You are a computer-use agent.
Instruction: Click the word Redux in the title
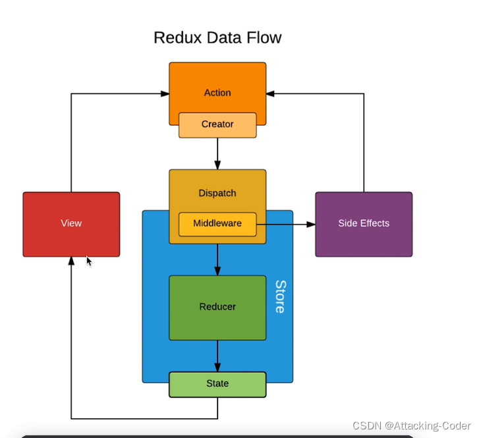(178, 38)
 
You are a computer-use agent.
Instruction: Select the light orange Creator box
(217, 125)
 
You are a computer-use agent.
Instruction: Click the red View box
(71, 224)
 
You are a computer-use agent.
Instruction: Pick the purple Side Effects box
(364, 224)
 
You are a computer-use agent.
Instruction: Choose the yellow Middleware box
(217, 224)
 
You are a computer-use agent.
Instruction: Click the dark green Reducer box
(217, 308)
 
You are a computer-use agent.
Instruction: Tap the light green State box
(217, 385)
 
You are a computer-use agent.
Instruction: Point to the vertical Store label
(281, 296)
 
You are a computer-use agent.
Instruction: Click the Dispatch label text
(217, 193)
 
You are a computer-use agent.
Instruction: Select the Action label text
(217, 93)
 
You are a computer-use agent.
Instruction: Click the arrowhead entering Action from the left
(165, 94)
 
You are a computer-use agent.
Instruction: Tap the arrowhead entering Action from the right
(270, 94)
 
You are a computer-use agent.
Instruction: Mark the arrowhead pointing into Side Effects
(311, 225)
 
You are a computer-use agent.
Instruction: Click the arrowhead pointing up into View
(71, 261)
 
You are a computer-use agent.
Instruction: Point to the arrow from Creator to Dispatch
(217, 153)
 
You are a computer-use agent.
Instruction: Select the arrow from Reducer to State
(217, 356)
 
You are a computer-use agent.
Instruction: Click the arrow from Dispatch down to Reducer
(217, 260)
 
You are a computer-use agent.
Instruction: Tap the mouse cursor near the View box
(89, 261)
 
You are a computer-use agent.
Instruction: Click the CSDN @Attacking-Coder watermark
(411, 425)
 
